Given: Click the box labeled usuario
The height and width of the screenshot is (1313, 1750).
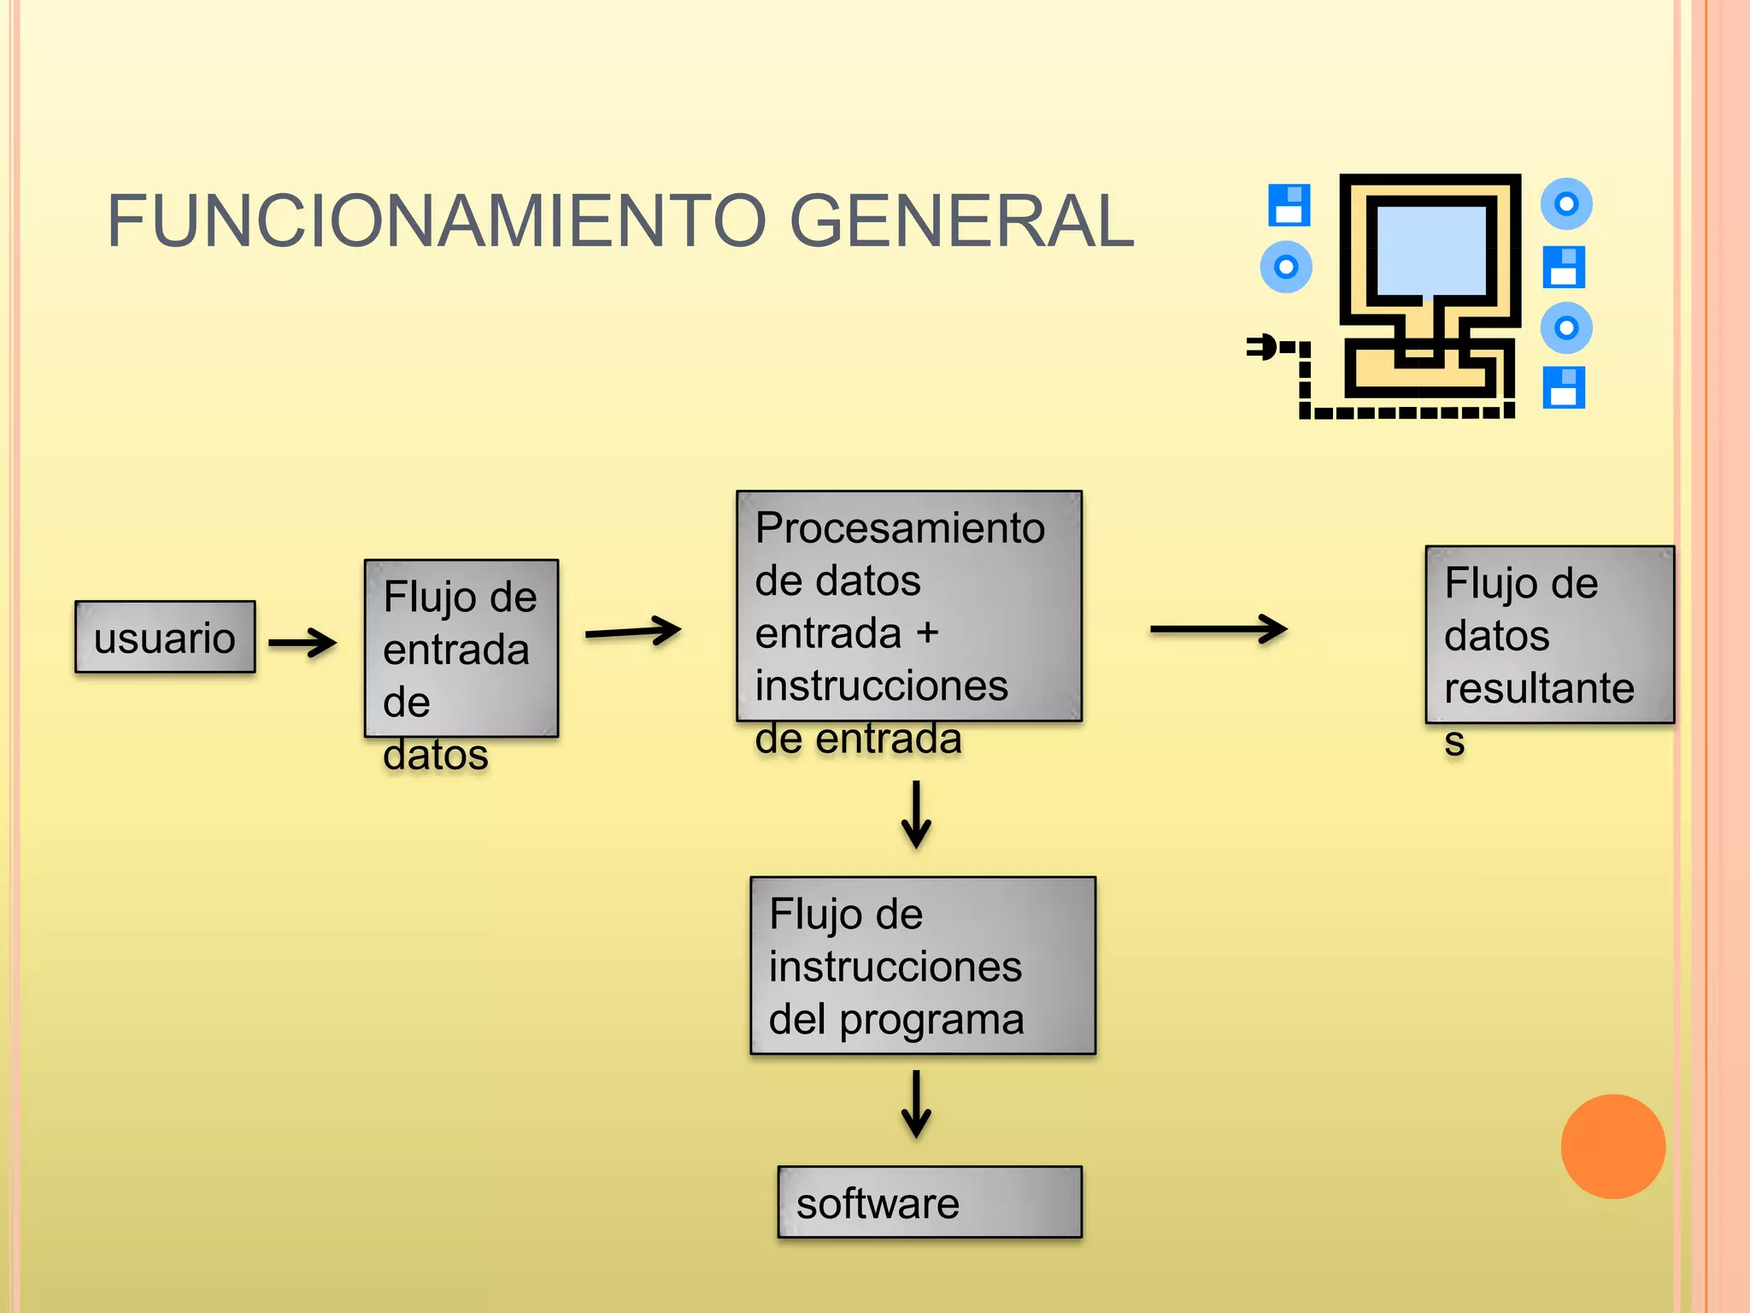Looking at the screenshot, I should [165, 637].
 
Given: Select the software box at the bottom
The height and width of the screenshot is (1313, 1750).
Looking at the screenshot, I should [929, 1202].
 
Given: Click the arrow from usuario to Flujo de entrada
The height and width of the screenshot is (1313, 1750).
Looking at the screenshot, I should [302, 642].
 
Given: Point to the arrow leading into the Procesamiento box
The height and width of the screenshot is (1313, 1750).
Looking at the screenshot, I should [632, 632].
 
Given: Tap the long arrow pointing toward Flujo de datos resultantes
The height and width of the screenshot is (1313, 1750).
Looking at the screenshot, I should [1218, 629].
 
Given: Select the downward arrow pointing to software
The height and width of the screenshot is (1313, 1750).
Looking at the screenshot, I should [916, 1104].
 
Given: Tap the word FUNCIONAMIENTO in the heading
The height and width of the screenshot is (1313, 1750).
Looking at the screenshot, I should [437, 221].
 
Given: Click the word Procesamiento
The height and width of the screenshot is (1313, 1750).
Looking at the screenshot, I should [899, 528].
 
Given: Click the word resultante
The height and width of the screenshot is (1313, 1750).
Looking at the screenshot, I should [1538, 688].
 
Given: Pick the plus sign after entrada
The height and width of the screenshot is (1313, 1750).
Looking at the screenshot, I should [927, 633].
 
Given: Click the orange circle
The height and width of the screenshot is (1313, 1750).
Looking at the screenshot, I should [1612, 1146].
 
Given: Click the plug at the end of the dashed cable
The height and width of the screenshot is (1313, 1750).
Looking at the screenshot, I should [1263, 347].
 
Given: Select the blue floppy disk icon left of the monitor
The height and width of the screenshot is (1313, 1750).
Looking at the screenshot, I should [1289, 204].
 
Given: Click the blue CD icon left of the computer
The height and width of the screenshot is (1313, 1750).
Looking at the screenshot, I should [1285, 268].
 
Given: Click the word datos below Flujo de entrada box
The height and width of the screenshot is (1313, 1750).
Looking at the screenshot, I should [435, 755].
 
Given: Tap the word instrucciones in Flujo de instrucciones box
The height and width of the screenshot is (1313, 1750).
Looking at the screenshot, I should [895, 967].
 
